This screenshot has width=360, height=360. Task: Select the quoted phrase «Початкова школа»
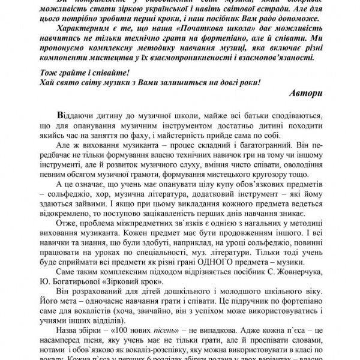pyautogui.click(x=190, y=28)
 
